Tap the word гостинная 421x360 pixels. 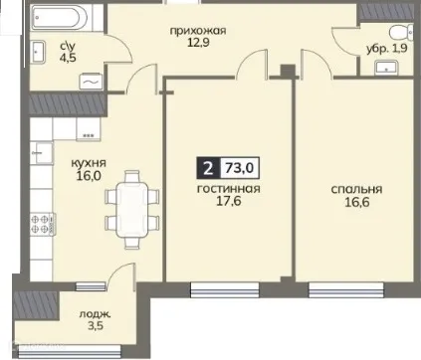pyautogui.click(x=228, y=188)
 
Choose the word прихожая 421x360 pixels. pyautogui.click(x=197, y=30)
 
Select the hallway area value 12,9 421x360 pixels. pyautogui.click(x=197, y=45)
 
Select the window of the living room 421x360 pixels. pyautogui.click(x=228, y=289)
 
